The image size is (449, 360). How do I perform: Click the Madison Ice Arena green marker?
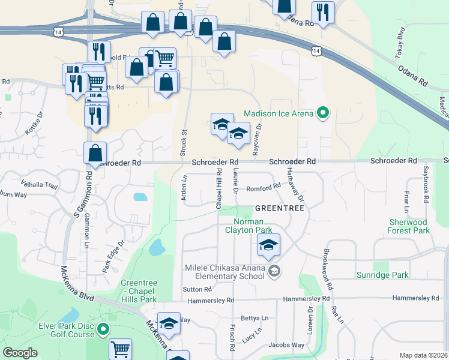[324, 113]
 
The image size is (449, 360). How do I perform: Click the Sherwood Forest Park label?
[409, 226]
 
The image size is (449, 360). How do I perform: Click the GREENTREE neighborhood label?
[279, 208]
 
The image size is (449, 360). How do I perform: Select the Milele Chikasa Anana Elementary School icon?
[274, 271]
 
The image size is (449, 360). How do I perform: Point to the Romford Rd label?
[264, 186]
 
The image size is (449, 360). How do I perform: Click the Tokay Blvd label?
[400, 40]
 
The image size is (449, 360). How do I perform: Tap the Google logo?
[20, 353]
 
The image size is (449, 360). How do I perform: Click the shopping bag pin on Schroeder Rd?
[95, 154]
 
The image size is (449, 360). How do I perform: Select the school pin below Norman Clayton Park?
[268, 245]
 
